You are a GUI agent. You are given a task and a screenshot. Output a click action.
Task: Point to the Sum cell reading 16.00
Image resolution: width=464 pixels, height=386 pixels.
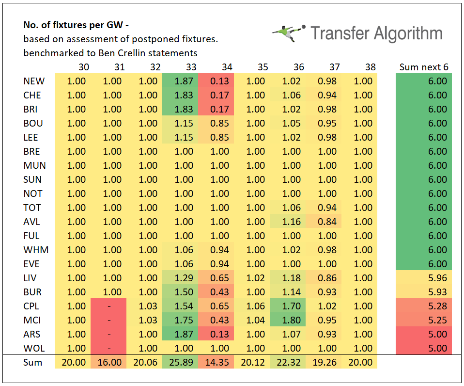click(x=111, y=362)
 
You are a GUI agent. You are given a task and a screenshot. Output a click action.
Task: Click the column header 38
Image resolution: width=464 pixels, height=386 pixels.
click(x=370, y=67)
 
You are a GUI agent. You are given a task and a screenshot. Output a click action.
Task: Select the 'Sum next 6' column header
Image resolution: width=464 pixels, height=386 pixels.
click(x=423, y=67)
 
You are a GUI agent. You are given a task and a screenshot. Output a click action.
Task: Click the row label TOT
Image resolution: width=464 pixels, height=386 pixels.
click(x=32, y=208)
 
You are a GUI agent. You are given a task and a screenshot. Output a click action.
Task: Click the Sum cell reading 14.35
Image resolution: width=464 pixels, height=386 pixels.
click(x=219, y=362)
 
